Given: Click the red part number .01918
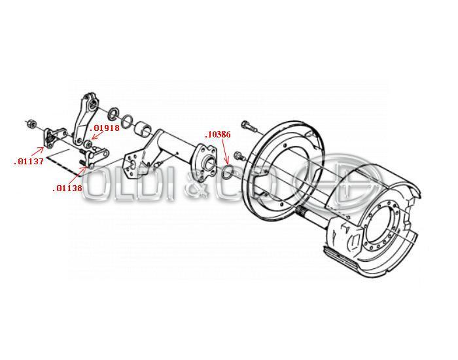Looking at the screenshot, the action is pos(105,128).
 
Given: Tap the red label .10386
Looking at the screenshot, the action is pos(218,134).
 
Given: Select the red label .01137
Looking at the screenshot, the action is pos(29,161).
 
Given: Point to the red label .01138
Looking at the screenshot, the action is pos(67,189).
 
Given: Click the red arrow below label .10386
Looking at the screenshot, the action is pos(225,151).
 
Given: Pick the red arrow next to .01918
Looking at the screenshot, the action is pos(97,136).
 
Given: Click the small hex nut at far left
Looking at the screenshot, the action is pos(31,124).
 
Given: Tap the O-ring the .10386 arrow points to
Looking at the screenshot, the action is pos(228,171).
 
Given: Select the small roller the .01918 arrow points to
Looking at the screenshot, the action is pos(87,144).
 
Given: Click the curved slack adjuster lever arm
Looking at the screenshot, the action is pos(85,119).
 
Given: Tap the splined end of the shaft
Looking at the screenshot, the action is pos(302,210).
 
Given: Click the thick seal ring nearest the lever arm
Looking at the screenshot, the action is pos(113,113).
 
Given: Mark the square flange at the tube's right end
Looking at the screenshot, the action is pos(203,158).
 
